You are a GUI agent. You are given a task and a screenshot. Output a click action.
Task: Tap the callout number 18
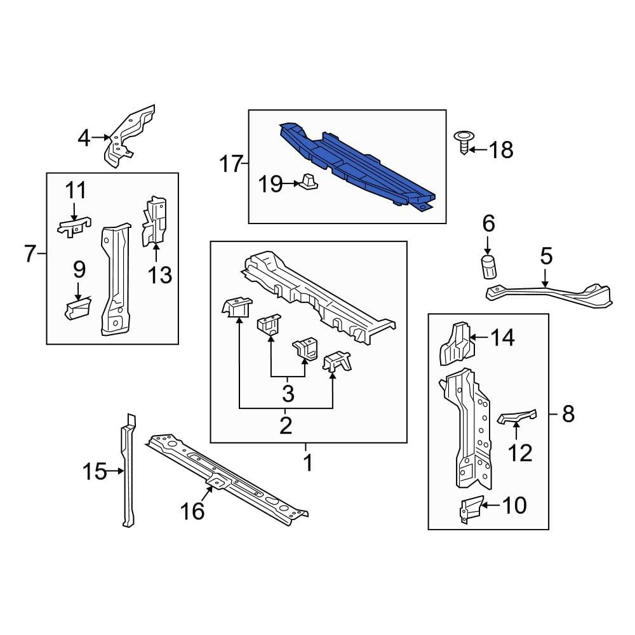coord(501,150)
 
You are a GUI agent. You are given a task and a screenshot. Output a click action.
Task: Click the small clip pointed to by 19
coord(309,182)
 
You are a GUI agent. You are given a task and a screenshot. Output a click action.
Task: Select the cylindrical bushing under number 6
coord(488,268)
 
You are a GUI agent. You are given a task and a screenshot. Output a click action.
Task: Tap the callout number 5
coord(546,257)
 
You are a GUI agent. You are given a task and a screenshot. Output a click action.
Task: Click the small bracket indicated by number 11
coord(74,226)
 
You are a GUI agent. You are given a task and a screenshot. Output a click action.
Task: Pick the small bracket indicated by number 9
coord(77,309)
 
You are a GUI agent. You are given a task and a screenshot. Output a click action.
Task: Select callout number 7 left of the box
coord(30,254)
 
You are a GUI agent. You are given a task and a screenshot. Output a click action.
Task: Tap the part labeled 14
coord(456,344)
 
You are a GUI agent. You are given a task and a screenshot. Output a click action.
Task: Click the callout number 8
coord(568,415)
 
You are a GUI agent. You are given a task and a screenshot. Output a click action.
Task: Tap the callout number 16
coord(194,510)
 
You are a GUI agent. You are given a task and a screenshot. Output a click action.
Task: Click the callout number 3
coord(288,394)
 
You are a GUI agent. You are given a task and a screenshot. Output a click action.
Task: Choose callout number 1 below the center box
coord(307,463)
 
